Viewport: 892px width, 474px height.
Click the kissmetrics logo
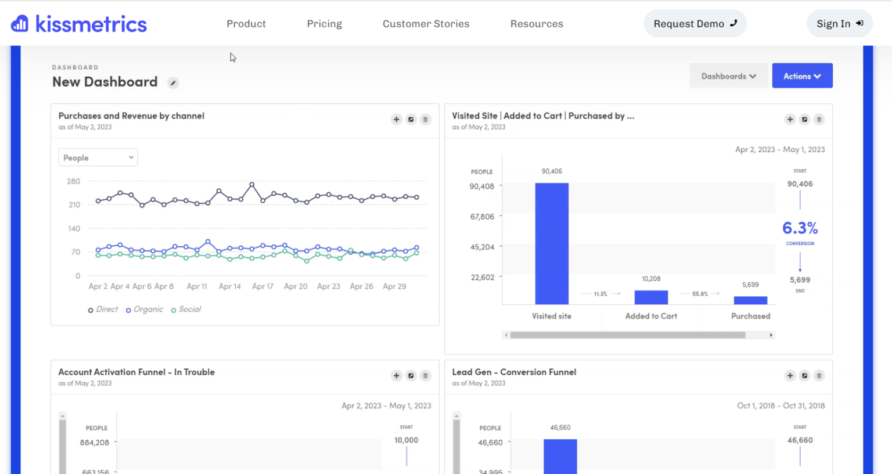[x=79, y=24]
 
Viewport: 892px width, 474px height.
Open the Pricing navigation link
[x=324, y=24]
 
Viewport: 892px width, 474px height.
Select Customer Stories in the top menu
[x=426, y=24]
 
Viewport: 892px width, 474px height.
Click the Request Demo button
[x=695, y=24]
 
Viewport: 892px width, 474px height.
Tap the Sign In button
[x=839, y=24]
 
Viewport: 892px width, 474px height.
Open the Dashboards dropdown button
[x=728, y=76]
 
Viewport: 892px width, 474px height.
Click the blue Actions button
[x=801, y=76]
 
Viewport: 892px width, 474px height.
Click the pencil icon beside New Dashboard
[x=173, y=83]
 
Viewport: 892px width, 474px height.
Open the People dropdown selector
[x=98, y=157]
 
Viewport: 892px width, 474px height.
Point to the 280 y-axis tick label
[x=73, y=181]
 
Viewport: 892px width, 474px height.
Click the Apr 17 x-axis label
[x=262, y=286]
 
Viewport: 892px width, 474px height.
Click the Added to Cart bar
[x=651, y=297]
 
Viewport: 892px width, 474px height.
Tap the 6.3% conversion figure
[x=800, y=228]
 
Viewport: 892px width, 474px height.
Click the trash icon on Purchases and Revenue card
[x=425, y=120]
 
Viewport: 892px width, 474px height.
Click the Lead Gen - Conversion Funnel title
[x=514, y=372]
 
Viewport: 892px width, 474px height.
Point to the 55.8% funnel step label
[x=700, y=294]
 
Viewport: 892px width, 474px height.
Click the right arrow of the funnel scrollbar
[x=771, y=335]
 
